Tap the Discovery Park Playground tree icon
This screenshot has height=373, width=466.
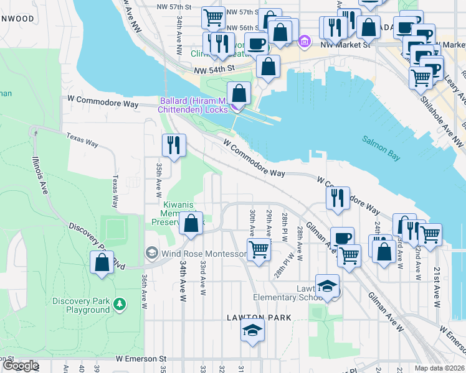tap(118, 305)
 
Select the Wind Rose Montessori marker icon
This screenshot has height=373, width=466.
tap(151, 253)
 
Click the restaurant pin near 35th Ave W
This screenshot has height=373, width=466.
tap(174, 145)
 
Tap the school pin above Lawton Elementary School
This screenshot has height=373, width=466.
tap(327, 285)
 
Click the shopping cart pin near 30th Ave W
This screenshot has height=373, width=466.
tap(259, 250)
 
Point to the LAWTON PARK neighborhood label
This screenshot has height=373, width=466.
tap(254, 318)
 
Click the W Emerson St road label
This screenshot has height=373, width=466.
tap(141, 359)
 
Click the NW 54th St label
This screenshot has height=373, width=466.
tap(214, 69)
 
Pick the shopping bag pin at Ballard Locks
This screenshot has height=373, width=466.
tap(239, 94)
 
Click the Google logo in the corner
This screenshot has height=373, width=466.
tap(21, 366)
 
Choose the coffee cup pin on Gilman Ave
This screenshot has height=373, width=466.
tap(341, 237)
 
